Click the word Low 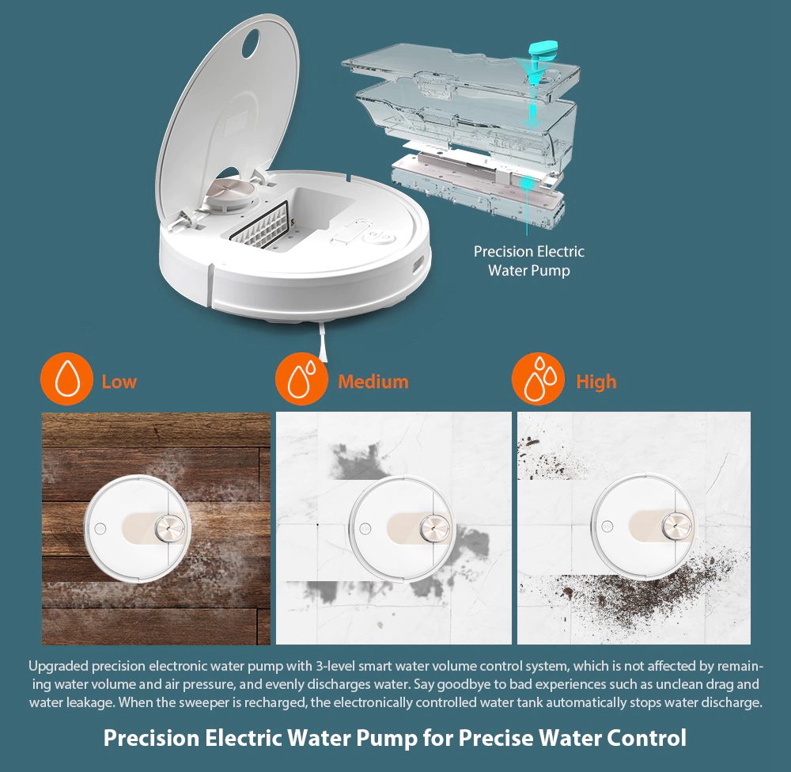coord(119,382)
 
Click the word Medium coord(373,382)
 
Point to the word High coord(596,382)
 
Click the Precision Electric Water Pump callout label coord(528,261)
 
